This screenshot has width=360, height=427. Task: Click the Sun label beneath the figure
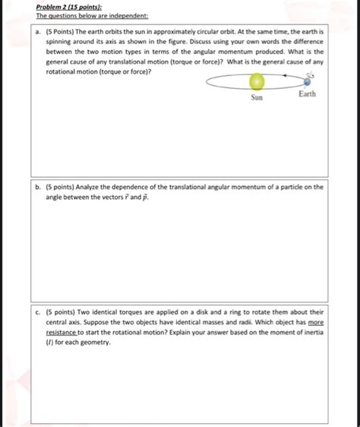coord(257,98)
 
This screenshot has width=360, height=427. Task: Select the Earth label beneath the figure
coord(307,95)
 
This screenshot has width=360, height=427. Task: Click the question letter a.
coord(36,33)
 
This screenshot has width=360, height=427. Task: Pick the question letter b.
coord(36,186)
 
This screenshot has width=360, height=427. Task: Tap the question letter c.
coord(36,312)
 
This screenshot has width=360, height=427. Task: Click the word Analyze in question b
coord(91,186)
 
